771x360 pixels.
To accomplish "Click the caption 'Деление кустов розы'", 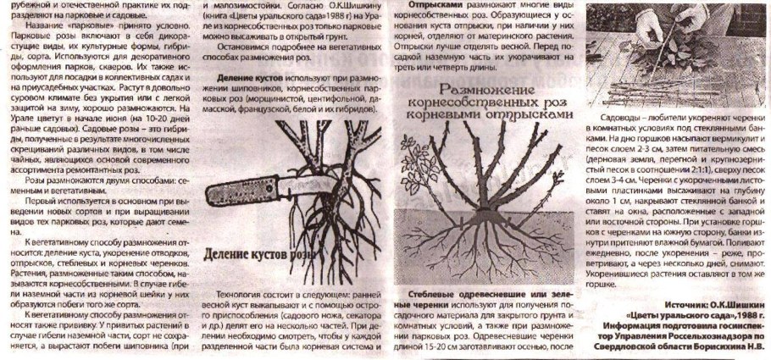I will (263, 256).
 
